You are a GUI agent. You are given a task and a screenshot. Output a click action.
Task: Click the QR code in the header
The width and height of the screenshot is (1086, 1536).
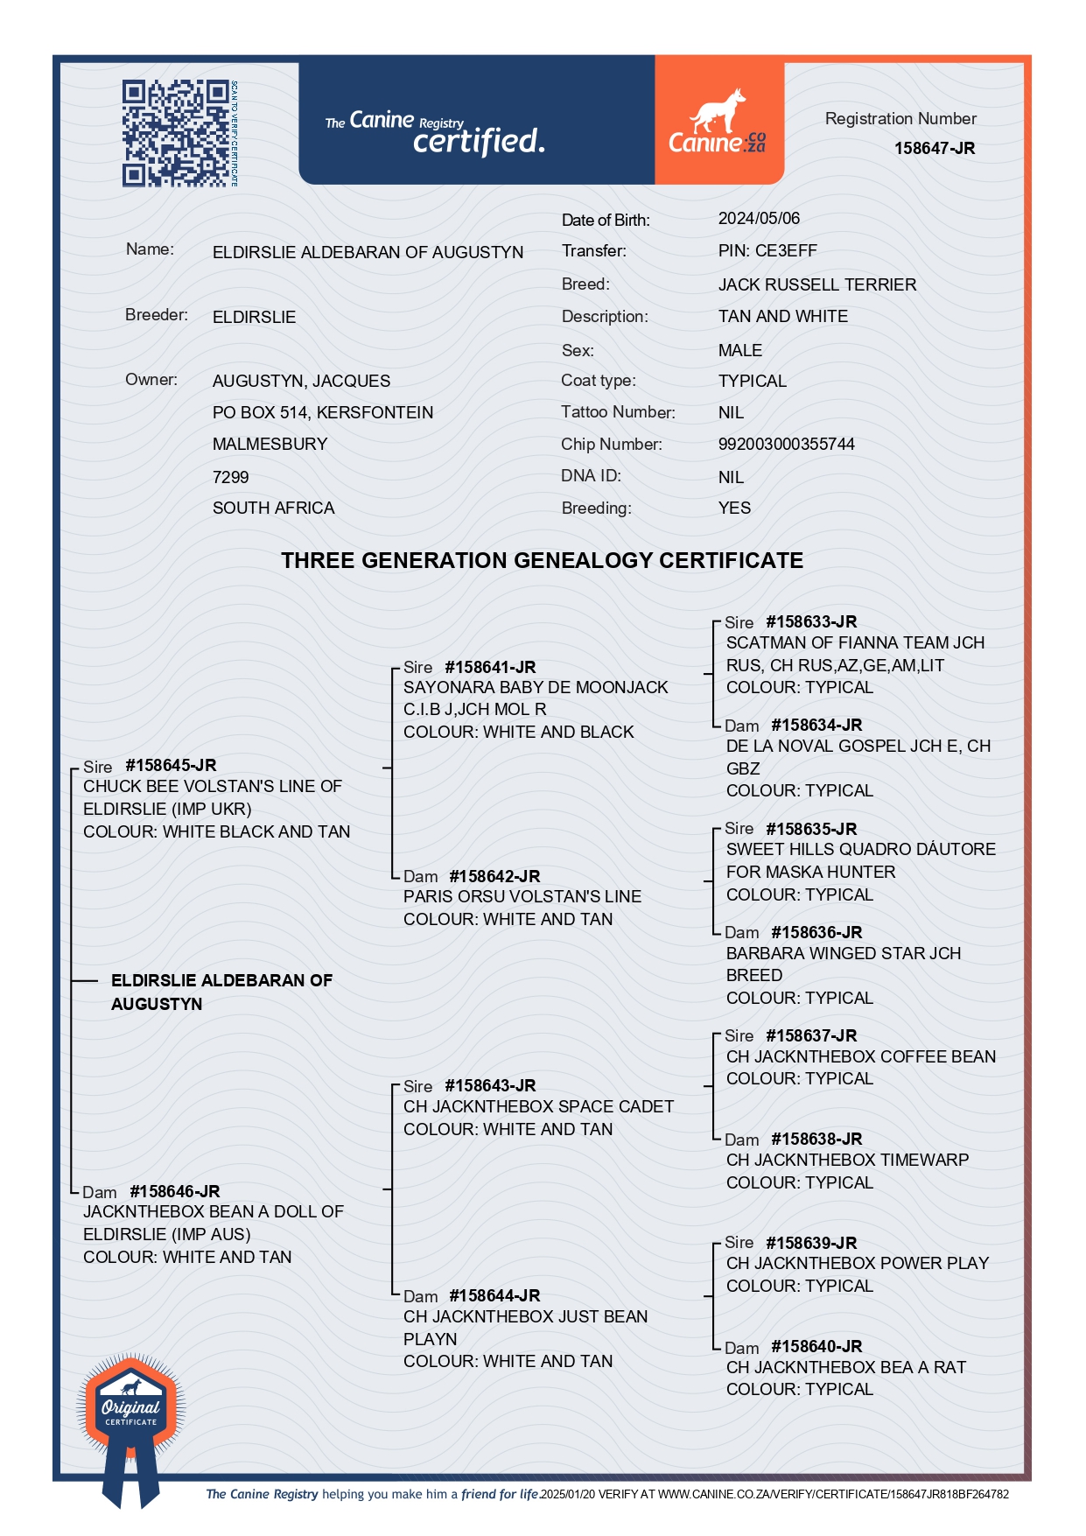175,133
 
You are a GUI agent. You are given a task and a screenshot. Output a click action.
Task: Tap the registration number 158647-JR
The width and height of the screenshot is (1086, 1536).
934,149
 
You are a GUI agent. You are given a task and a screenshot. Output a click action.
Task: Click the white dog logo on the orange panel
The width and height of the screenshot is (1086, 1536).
718,112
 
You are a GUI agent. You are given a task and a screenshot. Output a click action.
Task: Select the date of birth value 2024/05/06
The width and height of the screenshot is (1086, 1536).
759,219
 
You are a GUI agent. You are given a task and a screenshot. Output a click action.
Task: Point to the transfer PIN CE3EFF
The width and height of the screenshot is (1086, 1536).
767,251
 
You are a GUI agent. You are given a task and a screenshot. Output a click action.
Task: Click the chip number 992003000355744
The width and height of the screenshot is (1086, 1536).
786,445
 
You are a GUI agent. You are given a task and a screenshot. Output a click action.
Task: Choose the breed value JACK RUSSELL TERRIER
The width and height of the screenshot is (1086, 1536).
816,285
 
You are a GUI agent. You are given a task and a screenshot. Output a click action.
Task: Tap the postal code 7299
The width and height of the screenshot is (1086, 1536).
230,478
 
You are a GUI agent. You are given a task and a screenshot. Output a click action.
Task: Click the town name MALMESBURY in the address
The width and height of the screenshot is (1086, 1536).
270,445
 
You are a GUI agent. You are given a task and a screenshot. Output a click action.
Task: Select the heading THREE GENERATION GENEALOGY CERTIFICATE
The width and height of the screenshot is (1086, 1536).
542,561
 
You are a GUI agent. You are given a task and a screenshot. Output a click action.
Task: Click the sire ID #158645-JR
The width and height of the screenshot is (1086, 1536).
171,766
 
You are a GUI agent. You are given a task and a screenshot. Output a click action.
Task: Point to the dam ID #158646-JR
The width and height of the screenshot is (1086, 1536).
174,1192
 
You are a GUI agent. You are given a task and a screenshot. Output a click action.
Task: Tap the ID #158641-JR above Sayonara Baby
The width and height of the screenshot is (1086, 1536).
490,668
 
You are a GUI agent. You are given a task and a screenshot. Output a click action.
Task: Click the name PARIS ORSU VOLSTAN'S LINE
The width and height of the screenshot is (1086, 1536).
522,897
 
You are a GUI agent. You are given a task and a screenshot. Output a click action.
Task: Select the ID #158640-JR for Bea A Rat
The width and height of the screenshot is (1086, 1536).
816,1347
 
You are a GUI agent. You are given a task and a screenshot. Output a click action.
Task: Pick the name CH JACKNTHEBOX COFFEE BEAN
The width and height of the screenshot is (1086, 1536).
860,1057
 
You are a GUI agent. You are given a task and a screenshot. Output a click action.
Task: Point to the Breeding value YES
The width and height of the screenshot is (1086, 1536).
734,508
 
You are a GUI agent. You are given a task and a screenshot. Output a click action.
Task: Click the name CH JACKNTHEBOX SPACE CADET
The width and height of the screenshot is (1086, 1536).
538,1107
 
